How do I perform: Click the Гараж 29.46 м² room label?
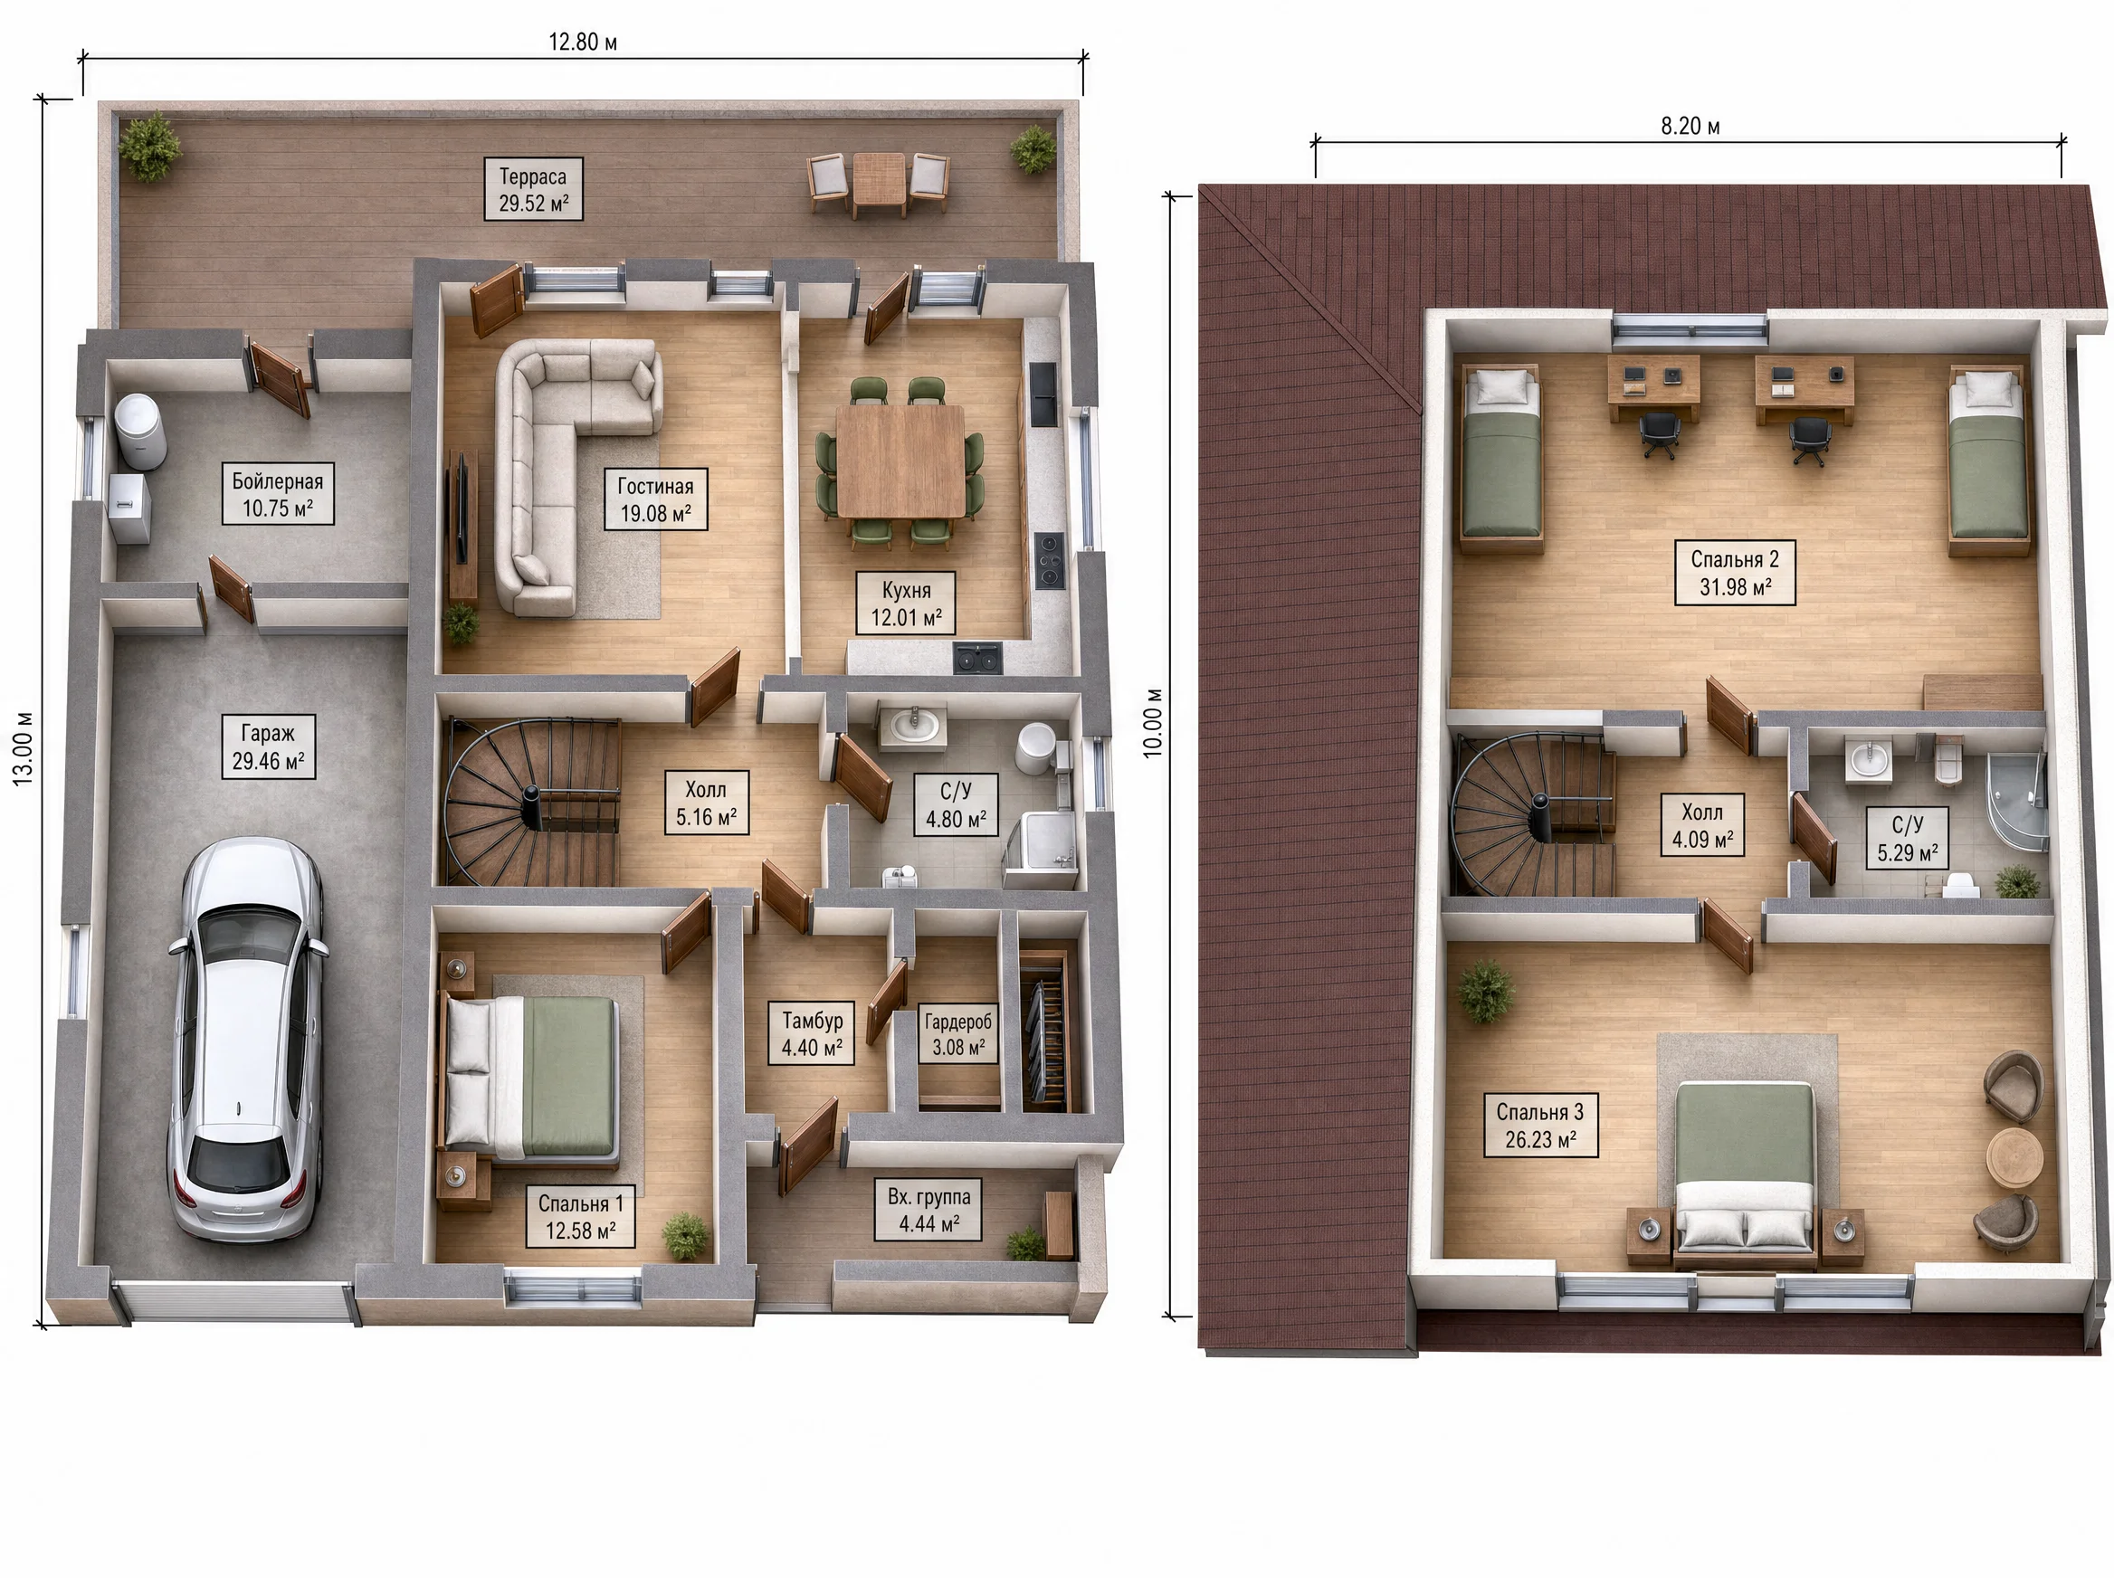click(269, 747)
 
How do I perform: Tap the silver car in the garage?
click(247, 1040)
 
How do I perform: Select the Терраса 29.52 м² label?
click(533, 189)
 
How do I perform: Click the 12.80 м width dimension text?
click(582, 42)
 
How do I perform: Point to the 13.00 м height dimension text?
click(23, 748)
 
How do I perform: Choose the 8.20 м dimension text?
click(1690, 126)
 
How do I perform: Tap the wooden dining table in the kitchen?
click(900, 461)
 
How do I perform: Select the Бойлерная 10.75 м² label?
click(278, 495)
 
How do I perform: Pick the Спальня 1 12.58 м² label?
click(581, 1217)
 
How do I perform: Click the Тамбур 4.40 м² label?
click(812, 1033)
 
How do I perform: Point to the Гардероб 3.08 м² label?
click(958, 1033)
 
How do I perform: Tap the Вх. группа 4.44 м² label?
click(928, 1210)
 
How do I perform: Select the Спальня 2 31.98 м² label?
click(1735, 573)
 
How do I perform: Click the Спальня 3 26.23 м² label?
click(1540, 1126)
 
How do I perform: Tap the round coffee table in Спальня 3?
click(2014, 1155)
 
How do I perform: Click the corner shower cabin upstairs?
click(2016, 800)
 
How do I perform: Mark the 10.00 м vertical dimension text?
click(1154, 722)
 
